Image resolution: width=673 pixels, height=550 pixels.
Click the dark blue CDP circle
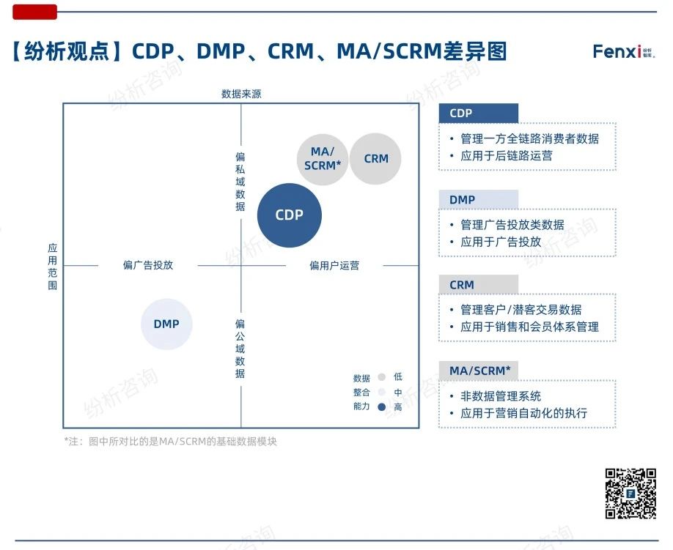[289, 215]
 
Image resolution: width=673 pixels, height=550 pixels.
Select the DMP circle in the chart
[166, 324]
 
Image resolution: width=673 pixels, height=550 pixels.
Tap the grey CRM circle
[375, 159]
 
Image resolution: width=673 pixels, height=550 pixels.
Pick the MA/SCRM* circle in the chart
[323, 159]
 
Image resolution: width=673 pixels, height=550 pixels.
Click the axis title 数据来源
[241, 94]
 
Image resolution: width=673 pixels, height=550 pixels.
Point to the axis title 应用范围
[53, 267]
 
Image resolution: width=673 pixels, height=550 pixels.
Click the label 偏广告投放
[148, 265]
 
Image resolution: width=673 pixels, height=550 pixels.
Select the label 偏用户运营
[334, 266]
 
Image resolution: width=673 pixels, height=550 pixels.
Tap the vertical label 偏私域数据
[240, 182]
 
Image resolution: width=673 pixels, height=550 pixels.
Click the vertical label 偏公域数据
[240, 349]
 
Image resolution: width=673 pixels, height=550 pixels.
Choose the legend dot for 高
[381, 407]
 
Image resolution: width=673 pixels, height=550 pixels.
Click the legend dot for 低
[381, 377]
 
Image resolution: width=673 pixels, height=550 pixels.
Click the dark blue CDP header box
[478, 114]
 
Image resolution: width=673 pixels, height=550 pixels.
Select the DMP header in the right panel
[478, 199]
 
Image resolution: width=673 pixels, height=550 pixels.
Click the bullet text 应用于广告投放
[501, 242]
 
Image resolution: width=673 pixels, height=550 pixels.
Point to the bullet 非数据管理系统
[501, 396]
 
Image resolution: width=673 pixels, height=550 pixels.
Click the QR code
[630, 494]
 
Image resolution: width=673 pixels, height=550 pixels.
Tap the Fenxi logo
[624, 52]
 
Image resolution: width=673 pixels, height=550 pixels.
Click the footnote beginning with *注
[170, 442]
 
